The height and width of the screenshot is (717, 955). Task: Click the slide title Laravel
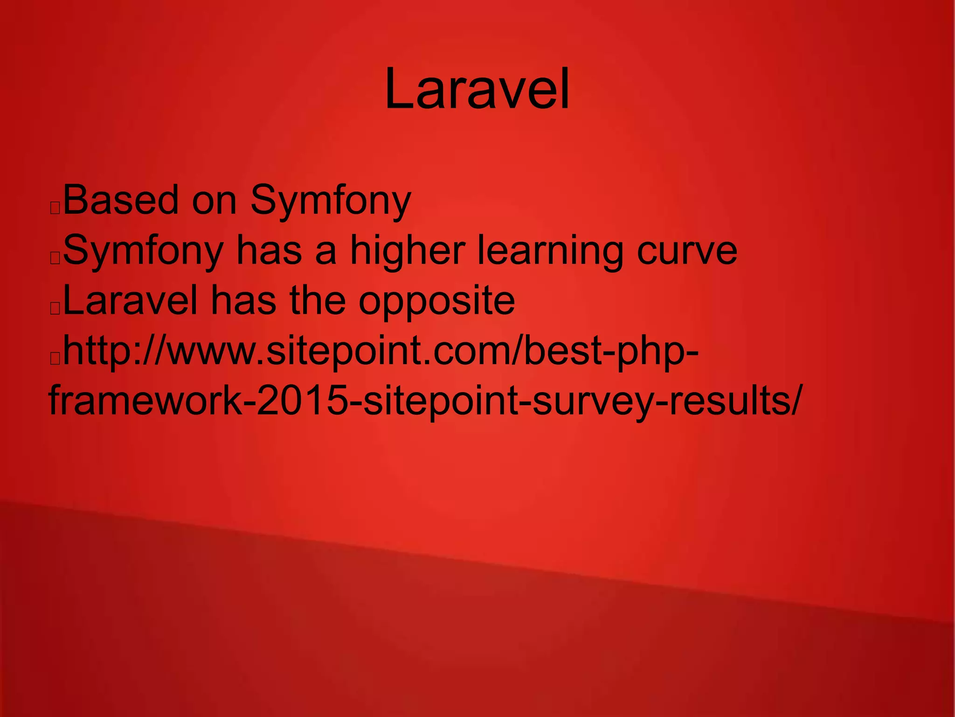(477, 89)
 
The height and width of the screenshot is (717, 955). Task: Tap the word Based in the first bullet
(121, 200)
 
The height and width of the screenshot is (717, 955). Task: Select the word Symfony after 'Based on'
(331, 202)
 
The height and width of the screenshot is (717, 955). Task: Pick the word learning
(550, 252)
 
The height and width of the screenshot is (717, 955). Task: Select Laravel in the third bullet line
(130, 301)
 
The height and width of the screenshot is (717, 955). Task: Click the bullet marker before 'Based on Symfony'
(55, 208)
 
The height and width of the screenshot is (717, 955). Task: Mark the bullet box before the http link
(55, 358)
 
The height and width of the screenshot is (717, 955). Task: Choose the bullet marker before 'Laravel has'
(55, 309)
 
